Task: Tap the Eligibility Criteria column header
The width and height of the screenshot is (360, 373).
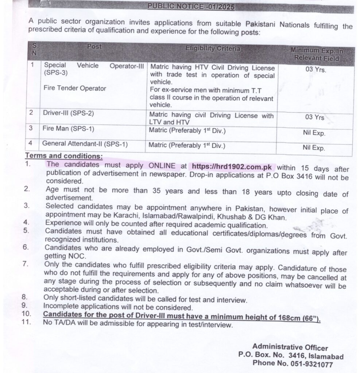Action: [213, 48]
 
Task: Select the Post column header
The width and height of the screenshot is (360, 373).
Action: [94, 47]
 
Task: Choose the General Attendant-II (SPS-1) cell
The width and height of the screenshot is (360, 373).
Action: [85, 144]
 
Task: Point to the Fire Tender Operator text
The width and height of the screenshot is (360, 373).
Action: [75, 88]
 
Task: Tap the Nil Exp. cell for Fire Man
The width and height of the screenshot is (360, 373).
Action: [314, 133]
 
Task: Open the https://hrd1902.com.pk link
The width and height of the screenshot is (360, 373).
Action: [232, 167]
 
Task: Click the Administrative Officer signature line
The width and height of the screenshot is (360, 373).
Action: [290, 348]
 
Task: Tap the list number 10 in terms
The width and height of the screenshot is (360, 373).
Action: [27, 314]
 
